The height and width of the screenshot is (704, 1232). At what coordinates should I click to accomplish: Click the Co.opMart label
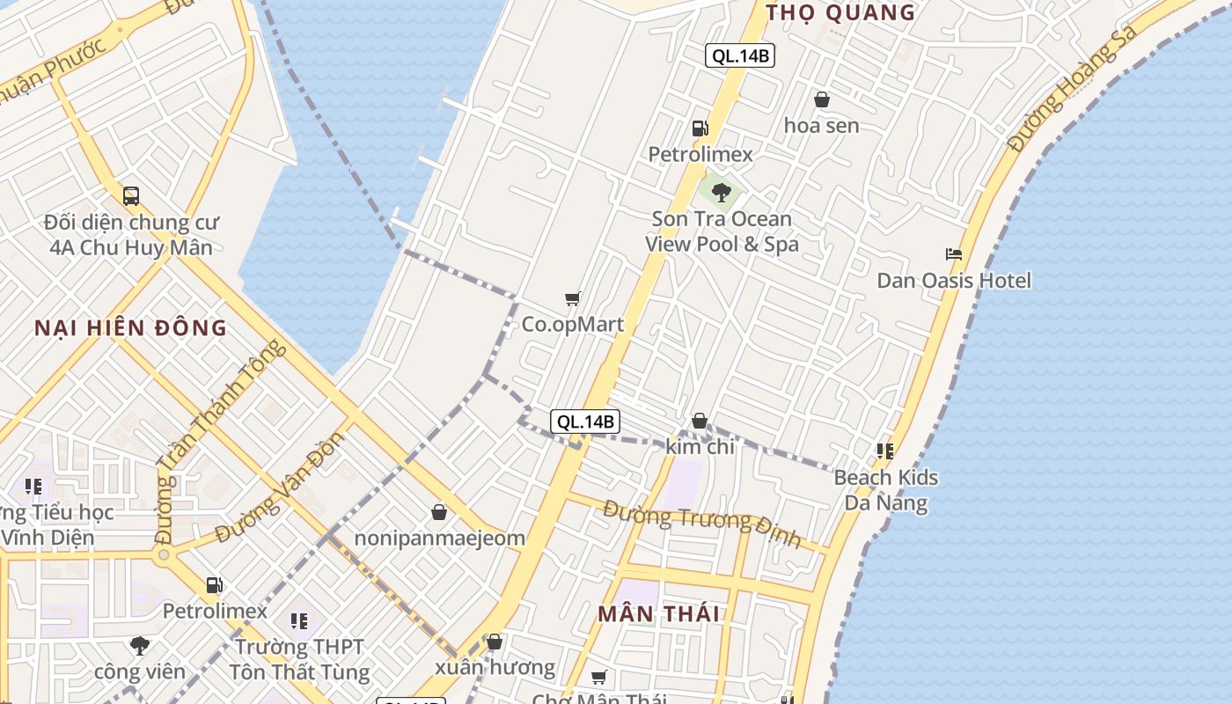point(573,324)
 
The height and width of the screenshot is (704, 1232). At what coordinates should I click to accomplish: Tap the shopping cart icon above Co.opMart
point(573,299)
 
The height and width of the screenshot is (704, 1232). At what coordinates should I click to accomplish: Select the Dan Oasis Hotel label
point(954,281)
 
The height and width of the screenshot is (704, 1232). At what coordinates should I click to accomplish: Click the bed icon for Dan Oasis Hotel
point(954,254)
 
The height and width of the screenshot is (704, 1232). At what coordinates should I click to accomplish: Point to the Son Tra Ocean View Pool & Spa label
point(722,231)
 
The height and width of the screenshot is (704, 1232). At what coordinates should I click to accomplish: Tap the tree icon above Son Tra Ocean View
point(722,192)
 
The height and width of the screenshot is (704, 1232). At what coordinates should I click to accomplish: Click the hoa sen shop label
point(821,126)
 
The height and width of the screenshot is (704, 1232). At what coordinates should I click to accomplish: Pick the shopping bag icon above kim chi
point(700,422)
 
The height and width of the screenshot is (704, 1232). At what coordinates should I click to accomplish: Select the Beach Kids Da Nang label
point(885,490)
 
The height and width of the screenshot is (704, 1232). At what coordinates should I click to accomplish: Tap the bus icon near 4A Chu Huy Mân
point(131,196)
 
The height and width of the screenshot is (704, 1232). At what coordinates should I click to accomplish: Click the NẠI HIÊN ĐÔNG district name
point(131,328)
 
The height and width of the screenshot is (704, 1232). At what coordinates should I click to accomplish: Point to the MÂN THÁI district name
point(659,614)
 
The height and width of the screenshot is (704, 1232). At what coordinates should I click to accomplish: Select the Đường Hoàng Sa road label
point(1073,88)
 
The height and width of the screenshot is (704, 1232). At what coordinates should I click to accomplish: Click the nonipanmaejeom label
point(439,538)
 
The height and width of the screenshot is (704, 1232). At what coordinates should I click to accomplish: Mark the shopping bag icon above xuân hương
point(495,642)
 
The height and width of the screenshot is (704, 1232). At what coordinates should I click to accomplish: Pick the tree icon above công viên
point(140,646)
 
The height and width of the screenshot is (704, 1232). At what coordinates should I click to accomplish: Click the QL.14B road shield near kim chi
point(585,422)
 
